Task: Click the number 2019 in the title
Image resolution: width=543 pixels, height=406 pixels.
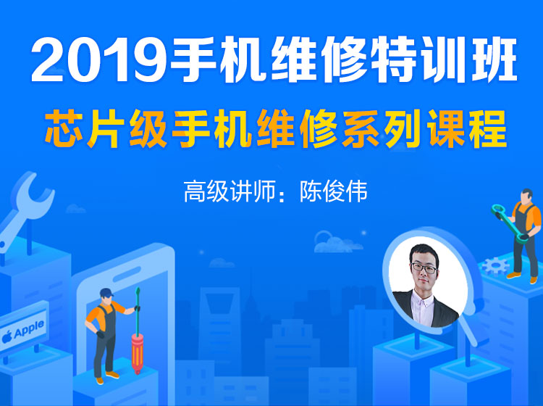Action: pos(99,61)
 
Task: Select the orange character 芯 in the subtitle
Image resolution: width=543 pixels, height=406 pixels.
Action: pos(66,128)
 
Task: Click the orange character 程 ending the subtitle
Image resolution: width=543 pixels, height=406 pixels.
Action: pos(487,128)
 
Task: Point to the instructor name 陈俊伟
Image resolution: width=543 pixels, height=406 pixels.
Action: pos(334,191)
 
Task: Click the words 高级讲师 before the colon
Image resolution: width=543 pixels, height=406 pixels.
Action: pos(229,191)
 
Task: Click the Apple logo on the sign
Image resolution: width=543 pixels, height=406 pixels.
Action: pos(7,336)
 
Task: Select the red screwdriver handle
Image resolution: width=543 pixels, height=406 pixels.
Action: pos(137,353)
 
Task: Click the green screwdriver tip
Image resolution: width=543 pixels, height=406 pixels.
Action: pos(138,293)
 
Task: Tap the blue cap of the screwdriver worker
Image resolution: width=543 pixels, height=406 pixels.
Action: pos(106,294)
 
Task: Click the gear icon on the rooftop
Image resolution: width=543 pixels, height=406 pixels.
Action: pos(496,266)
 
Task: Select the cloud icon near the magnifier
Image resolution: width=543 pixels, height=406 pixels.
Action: pos(337,241)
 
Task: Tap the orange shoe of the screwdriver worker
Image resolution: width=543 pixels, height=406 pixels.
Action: pos(112,375)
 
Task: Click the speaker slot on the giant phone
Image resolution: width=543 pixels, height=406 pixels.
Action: pos(127,274)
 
